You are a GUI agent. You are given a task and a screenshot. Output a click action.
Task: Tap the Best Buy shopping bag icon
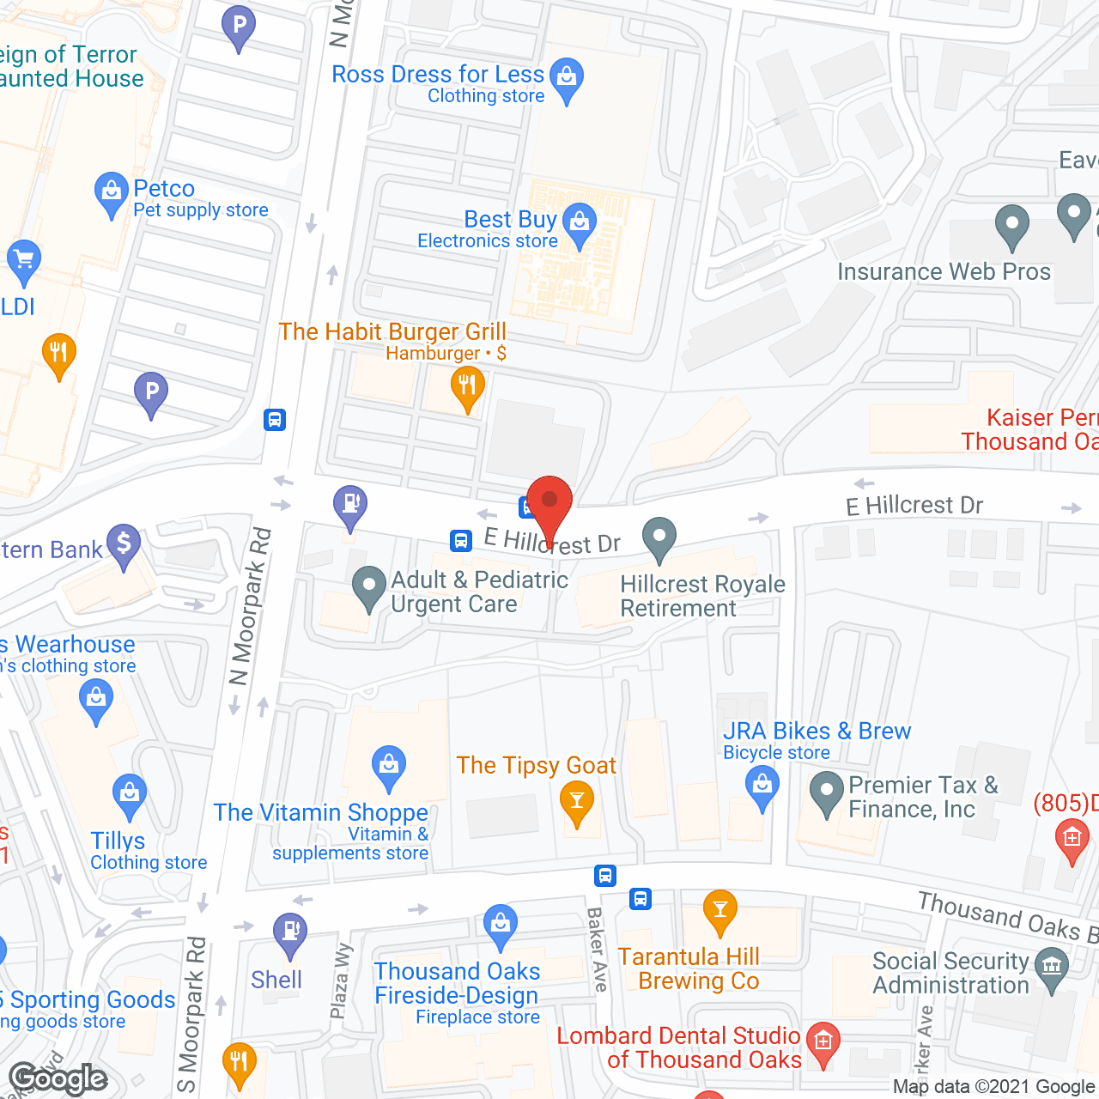tap(580, 223)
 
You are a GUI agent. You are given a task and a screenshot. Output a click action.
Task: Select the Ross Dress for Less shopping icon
tap(567, 77)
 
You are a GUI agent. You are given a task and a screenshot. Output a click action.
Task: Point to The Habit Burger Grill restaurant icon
tap(468, 386)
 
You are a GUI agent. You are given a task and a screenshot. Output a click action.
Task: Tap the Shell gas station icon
tap(290, 932)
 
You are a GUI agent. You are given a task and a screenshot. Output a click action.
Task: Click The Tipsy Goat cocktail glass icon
tap(577, 803)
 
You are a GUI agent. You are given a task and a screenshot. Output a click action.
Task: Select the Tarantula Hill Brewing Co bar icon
tap(720, 909)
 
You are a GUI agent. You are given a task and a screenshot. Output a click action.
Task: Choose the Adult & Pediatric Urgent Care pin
tap(369, 587)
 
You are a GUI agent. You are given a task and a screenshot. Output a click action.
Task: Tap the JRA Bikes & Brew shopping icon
tap(762, 785)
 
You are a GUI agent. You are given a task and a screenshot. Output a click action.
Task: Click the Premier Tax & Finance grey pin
tap(827, 792)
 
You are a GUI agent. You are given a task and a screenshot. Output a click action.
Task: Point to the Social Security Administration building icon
tap(1052, 967)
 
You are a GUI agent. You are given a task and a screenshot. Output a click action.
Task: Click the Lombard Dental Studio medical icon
tap(823, 1042)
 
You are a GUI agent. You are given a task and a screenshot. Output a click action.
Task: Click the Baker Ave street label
tap(598, 950)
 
